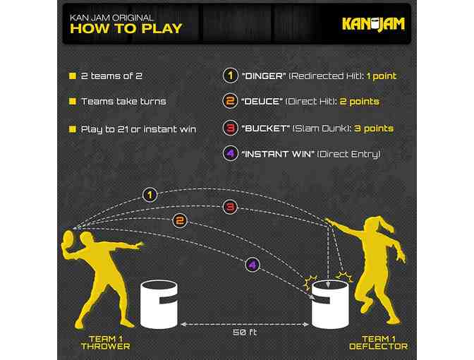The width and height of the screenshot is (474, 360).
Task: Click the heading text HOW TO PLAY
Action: (x=126, y=29)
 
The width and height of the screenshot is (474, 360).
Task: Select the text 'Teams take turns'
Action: (x=123, y=101)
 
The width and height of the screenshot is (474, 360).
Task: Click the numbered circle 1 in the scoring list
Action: (x=229, y=76)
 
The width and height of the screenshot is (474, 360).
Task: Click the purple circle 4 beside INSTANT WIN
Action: (x=229, y=154)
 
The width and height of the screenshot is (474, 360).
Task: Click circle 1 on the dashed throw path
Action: (x=149, y=194)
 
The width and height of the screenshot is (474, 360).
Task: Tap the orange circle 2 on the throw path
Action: (x=181, y=221)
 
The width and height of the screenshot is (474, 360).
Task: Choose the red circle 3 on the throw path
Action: (x=229, y=207)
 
